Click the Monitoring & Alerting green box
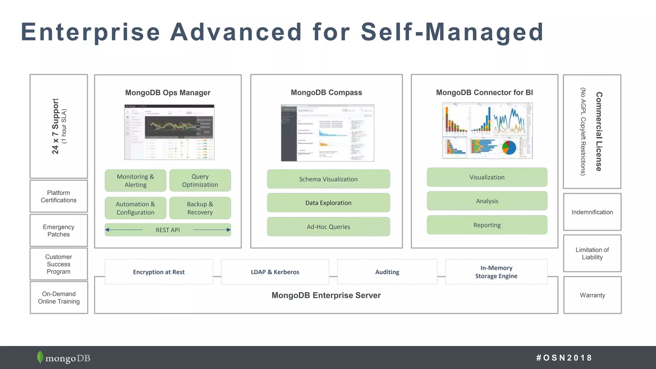coord(135,181)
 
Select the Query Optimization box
coord(200,181)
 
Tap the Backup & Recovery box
coord(200,208)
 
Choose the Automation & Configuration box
coord(135,208)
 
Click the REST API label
coord(168,230)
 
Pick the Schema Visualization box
coord(328,179)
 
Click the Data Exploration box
coord(328,203)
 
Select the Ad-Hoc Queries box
coord(328,227)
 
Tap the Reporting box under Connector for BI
coord(487,225)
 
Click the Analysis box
coord(487,201)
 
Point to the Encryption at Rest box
coord(159,272)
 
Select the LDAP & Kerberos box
coord(275,272)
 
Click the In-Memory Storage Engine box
coord(496,272)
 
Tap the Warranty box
coord(592,295)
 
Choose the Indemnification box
coord(592,212)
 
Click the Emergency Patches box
coord(59,231)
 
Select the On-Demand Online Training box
coord(59,298)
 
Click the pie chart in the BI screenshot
coord(509,148)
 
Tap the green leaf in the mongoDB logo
coord(40,357)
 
